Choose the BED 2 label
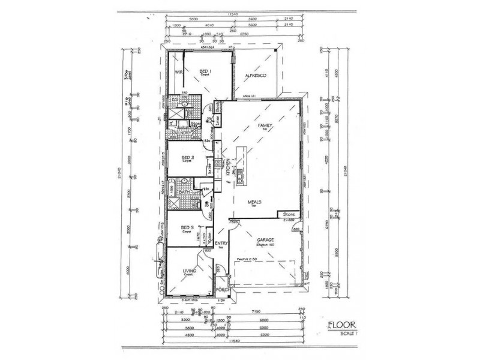tap(187, 158)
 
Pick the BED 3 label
tap(187, 227)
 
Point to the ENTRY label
tap(220, 243)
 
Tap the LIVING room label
tap(189, 272)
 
